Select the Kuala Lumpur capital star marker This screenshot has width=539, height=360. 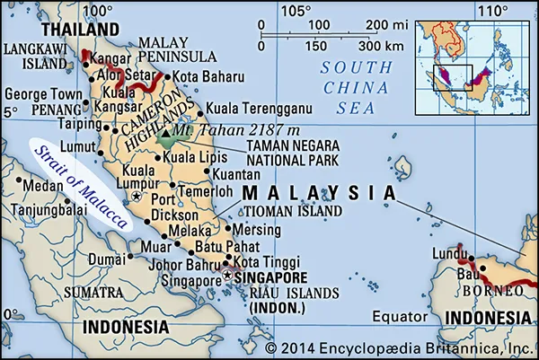[136, 195]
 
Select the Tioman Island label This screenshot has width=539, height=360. [295, 211]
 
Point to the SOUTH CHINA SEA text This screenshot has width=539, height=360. [360, 87]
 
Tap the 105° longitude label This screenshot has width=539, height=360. [296, 11]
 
